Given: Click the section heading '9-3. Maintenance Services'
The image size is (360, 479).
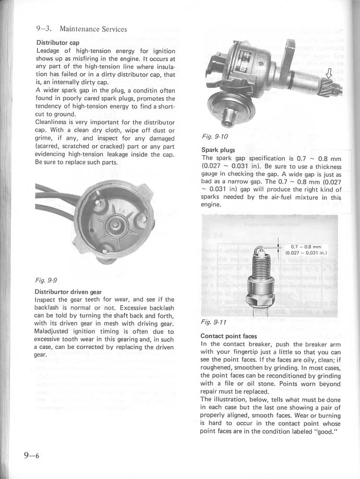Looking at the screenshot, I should click(x=82, y=29).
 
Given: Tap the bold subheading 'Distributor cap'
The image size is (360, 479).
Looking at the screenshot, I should click(x=58, y=42).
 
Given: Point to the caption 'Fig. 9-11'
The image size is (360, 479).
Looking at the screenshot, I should click(x=214, y=322).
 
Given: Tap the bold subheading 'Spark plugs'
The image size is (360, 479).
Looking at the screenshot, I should click(x=218, y=150).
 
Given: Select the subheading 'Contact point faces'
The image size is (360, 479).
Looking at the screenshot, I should click(x=228, y=336).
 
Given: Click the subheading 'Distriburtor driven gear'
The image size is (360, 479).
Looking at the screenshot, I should click(x=68, y=292).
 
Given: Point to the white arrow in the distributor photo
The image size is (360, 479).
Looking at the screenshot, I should click(x=329, y=74).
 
